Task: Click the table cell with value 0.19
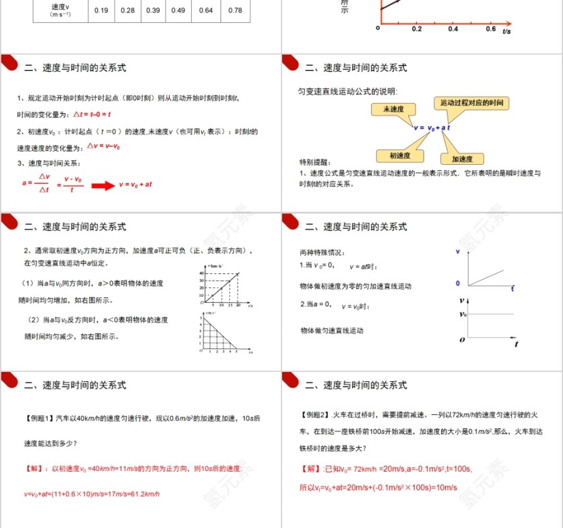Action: coord(101,10)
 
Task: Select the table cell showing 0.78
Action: coord(235,10)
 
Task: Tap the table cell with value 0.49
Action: coord(178,10)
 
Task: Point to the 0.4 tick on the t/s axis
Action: coord(453,29)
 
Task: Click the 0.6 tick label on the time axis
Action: coord(491,29)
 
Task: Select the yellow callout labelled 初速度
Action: coord(400,155)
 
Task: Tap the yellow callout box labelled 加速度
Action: coord(462,159)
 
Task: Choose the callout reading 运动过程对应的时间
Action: coord(472,103)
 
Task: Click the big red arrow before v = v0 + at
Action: coord(103,186)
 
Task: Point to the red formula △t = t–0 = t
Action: coord(92,114)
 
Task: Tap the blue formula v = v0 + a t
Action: coord(432,127)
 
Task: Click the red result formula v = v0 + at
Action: coord(135,184)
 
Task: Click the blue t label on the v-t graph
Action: coord(513,288)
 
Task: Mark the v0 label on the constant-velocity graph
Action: coord(462,314)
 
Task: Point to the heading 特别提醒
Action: coord(315,162)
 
